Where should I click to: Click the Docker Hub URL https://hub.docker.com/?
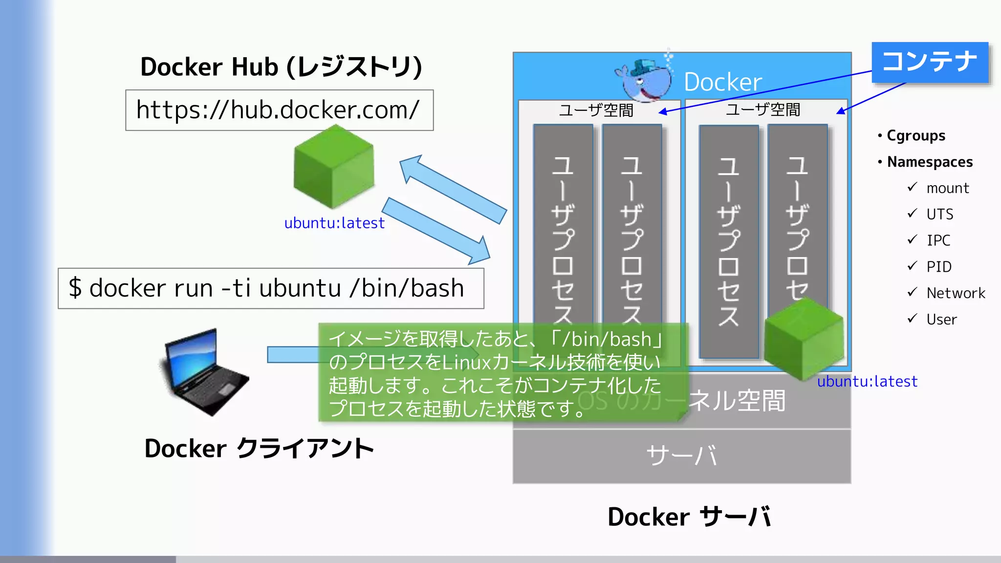pos(279,110)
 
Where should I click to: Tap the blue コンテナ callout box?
pos(930,62)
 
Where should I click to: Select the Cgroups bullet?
pos(915,135)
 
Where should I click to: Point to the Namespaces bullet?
pos(929,162)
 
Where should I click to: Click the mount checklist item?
pos(947,188)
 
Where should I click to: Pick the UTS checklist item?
pos(939,214)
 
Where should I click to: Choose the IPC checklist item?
pos(938,240)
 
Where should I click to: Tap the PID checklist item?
pos(938,267)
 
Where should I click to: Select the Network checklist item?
pos(955,293)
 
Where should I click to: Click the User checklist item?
pos(941,320)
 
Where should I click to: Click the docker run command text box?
pos(271,288)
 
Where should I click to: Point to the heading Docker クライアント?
pos(259,449)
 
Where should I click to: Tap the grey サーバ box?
pos(681,456)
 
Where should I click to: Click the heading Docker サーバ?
pos(689,517)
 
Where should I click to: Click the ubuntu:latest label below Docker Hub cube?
pos(334,223)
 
